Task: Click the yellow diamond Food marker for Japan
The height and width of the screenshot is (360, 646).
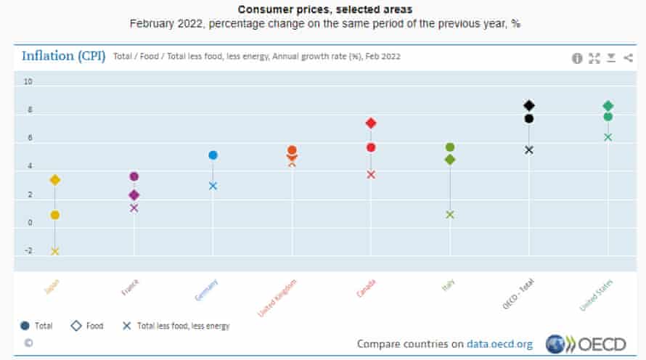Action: point(54,180)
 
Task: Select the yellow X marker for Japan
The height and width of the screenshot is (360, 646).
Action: point(54,252)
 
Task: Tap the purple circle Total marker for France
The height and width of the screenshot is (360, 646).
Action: point(134,176)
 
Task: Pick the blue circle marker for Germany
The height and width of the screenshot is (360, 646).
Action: point(213,155)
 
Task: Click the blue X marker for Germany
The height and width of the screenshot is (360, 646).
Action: point(213,186)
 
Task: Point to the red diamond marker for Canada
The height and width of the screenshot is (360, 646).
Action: point(371,123)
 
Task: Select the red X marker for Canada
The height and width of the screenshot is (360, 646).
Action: point(371,174)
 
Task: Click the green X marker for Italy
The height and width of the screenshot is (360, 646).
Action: point(450,214)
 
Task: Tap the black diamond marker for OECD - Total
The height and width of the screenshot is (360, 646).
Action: point(529,106)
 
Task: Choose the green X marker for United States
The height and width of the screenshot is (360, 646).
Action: point(608,137)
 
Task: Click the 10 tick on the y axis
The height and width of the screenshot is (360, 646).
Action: point(28,82)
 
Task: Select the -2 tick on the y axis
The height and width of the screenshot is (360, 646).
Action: point(28,251)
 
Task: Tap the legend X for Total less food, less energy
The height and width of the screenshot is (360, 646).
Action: point(126,326)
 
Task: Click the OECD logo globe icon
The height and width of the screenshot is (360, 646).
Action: point(555,343)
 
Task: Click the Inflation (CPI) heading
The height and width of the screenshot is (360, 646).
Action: point(64,57)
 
